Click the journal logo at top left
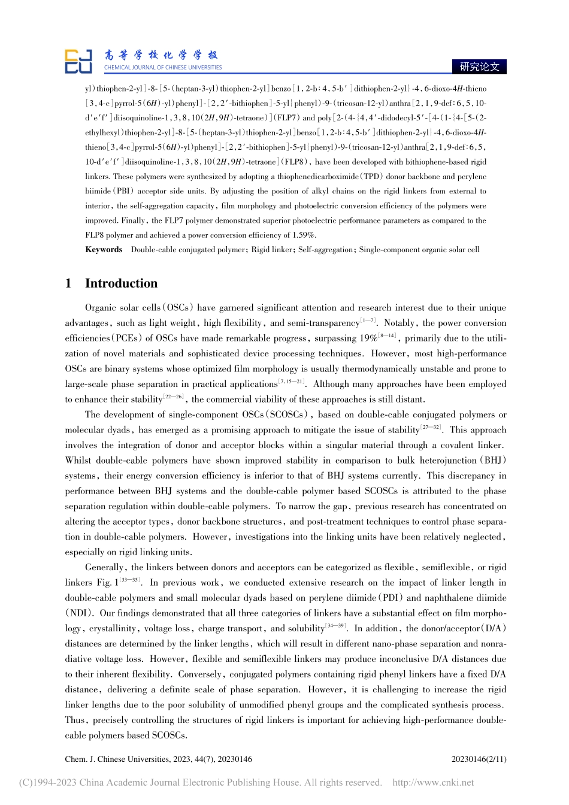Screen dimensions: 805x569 coord(78,62)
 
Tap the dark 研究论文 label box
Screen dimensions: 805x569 coord(479,66)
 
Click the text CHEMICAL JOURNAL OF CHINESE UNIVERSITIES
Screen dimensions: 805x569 coord(163,68)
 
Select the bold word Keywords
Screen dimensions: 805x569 coord(104,250)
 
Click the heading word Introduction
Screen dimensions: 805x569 coord(121,284)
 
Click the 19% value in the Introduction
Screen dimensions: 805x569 coord(367,338)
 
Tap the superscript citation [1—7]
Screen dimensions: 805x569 coord(368,321)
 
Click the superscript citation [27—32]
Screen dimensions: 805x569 coord(431,428)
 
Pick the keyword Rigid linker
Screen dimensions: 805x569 coord(273,250)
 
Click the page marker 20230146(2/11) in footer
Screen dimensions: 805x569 coord(479,759)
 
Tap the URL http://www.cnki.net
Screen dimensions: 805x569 coord(432,782)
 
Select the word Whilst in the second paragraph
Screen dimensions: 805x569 coord(80,461)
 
